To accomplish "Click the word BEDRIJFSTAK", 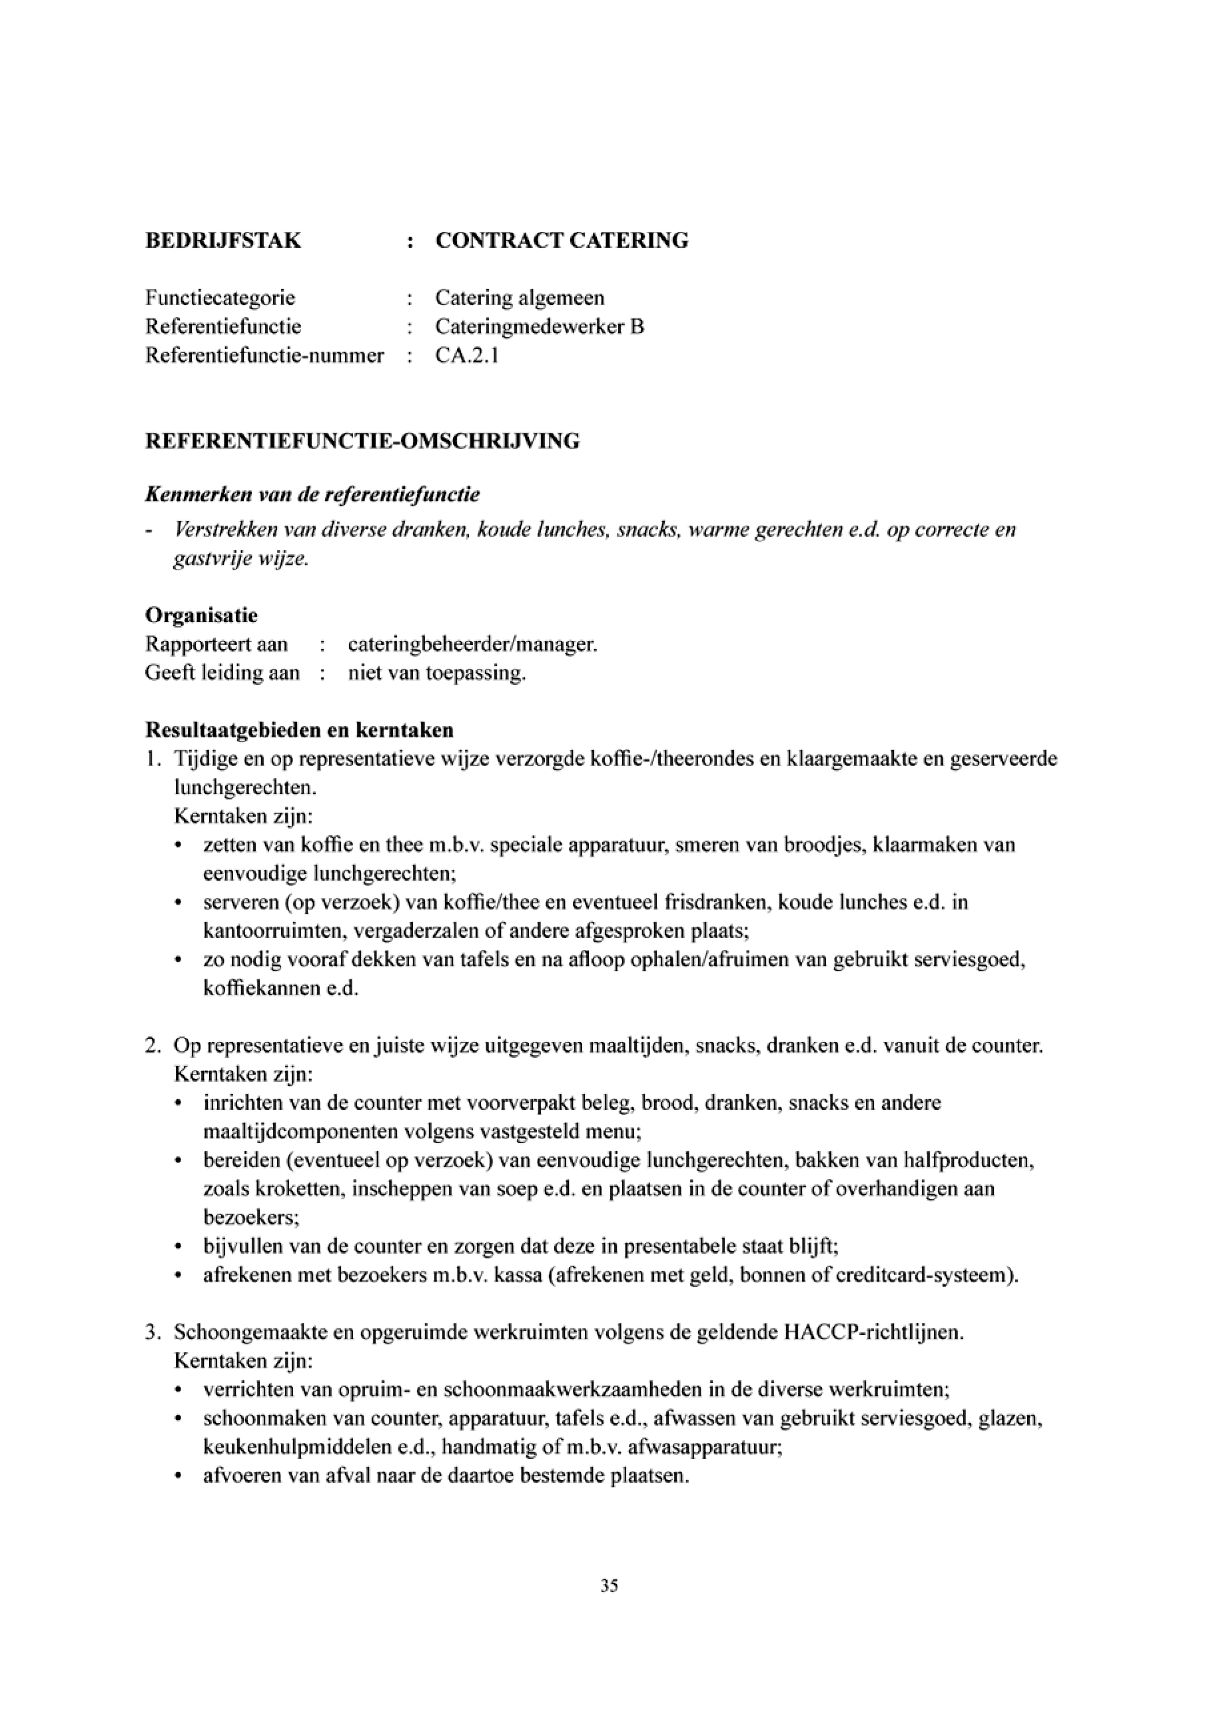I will (x=223, y=241).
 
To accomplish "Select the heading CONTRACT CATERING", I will (x=562, y=241).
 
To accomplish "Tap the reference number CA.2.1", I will (x=467, y=355).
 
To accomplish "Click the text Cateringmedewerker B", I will (x=540, y=326).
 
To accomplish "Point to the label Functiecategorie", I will (x=220, y=298).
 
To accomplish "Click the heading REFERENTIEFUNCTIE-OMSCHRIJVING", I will (x=362, y=441).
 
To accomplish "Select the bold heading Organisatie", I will (x=201, y=616).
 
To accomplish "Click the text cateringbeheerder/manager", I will (x=472, y=644).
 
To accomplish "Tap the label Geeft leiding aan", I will (x=222, y=673).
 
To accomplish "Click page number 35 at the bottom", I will (x=609, y=1586).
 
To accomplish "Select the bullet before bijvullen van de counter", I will (x=178, y=1247).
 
